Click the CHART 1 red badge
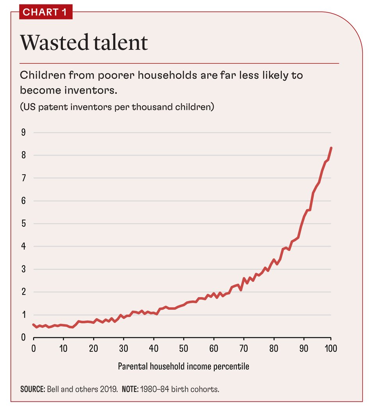(x=45, y=12)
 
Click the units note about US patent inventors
(x=117, y=106)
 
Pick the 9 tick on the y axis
(x=23, y=133)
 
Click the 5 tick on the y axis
(x=23, y=224)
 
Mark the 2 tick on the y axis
(x=23, y=292)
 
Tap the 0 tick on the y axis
(x=23, y=338)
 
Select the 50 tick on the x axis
(x=184, y=348)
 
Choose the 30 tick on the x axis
(x=123, y=348)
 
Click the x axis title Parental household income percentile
(x=183, y=367)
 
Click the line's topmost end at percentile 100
(x=331, y=148)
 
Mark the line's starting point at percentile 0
(x=34, y=324)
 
